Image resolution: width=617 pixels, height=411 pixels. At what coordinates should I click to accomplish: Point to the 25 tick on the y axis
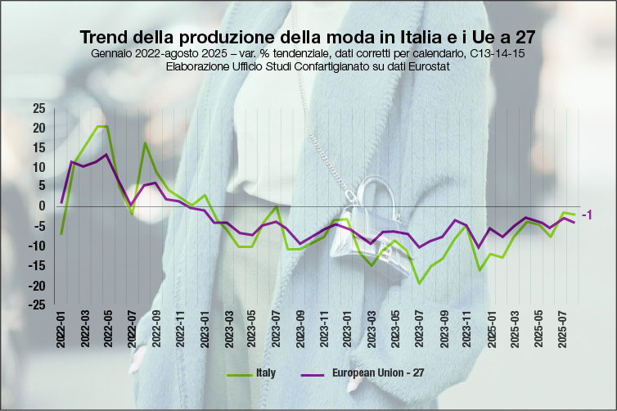pyautogui.click(x=39, y=108)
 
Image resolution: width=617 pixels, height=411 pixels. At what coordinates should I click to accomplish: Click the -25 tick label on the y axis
pyautogui.click(x=37, y=305)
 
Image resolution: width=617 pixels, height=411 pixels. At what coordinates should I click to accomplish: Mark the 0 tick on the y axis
pyautogui.click(x=43, y=206)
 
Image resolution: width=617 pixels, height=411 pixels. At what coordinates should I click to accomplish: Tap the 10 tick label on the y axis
pyautogui.click(x=39, y=167)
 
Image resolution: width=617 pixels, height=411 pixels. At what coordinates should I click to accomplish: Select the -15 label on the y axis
pyautogui.click(x=37, y=265)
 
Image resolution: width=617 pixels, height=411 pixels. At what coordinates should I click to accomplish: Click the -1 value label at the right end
pyautogui.click(x=586, y=214)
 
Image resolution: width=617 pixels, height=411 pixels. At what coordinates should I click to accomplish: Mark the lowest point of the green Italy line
pyautogui.click(x=420, y=283)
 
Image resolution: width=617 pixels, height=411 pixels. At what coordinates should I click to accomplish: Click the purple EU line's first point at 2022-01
pyautogui.click(x=61, y=201)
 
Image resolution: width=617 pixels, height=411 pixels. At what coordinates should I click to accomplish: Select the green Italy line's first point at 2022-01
pyautogui.click(x=61, y=234)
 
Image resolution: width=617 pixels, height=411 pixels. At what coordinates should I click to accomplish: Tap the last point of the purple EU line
pyautogui.click(x=574, y=223)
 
